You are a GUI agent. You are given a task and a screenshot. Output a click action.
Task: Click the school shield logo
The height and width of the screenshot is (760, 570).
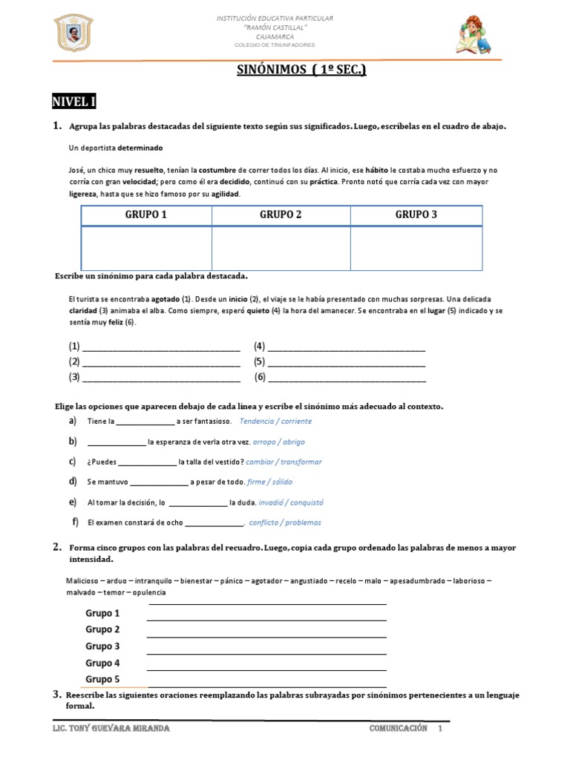[73, 34]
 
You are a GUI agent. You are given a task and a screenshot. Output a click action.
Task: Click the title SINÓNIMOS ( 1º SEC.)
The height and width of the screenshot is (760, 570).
[301, 71]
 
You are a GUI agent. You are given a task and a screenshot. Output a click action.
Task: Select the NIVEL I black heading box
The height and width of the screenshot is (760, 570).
[73, 101]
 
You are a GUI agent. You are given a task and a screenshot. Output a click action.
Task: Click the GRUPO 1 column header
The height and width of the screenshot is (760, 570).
[146, 215]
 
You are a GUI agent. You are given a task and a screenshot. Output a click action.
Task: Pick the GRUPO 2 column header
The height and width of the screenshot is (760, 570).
[281, 215]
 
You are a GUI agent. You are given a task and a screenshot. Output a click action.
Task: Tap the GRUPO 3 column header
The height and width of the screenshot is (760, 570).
[416, 215]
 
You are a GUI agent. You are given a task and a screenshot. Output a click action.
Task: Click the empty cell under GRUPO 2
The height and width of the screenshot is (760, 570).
[281, 248]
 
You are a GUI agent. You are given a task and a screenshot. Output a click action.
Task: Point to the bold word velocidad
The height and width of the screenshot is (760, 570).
[138, 182]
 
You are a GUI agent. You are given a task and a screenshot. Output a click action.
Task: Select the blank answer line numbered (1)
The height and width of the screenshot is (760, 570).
[161, 347]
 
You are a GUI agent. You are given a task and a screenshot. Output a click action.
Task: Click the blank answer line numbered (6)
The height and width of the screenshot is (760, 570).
[346, 378]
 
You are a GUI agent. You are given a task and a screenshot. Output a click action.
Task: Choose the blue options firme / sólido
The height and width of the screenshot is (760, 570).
[269, 482]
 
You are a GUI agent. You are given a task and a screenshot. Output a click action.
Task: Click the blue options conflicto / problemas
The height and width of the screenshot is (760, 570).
[285, 522]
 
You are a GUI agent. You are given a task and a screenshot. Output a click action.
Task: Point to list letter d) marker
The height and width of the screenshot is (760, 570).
[73, 481]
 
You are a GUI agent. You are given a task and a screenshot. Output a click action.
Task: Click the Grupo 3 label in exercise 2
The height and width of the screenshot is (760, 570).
[102, 646]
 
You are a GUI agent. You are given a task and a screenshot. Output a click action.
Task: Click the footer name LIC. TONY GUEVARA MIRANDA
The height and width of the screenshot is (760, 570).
[112, 729]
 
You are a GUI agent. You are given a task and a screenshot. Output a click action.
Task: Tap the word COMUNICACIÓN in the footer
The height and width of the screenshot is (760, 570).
[399, 729]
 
